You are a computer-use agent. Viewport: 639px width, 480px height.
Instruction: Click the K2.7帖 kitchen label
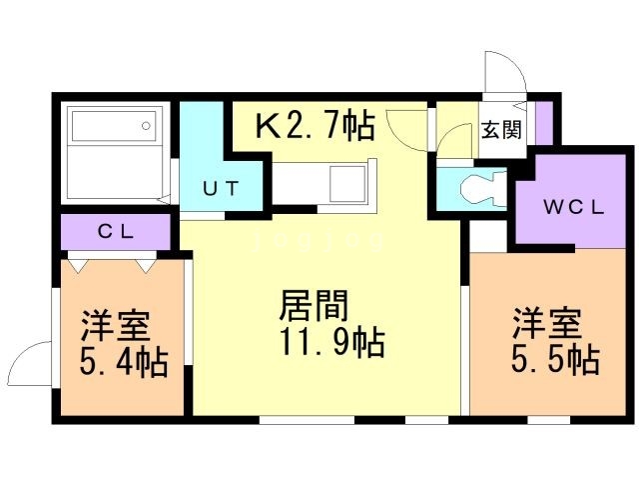[315, 126]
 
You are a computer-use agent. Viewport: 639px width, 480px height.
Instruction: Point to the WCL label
[573, 209]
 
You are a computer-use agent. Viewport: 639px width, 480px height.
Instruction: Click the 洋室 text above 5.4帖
[116, 326]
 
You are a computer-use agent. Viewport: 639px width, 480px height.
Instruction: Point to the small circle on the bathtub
[147, 126]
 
